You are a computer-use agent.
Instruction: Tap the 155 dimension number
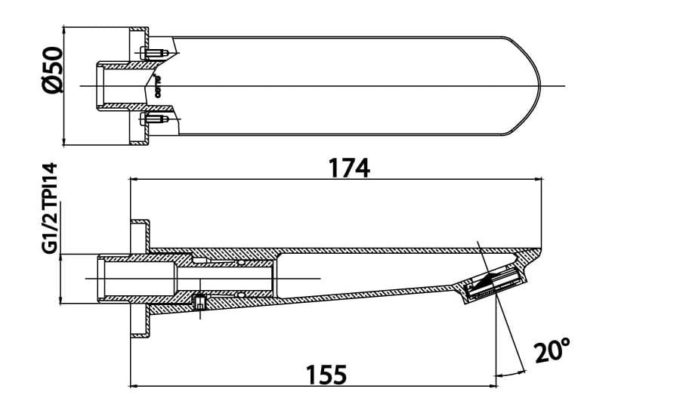tap(327, 374)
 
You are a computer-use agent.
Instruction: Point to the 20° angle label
tap(551, 351)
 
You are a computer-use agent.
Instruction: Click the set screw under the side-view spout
tap(200, 303)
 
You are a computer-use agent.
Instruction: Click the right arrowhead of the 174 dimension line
tap(539, 180)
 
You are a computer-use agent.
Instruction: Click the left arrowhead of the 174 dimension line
tap(135, 180)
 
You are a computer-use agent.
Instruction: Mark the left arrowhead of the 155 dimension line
tap(135, 374)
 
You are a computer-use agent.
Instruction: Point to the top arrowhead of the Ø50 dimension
tap(65, 32)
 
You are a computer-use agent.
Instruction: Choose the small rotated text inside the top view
tap(159, 85)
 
